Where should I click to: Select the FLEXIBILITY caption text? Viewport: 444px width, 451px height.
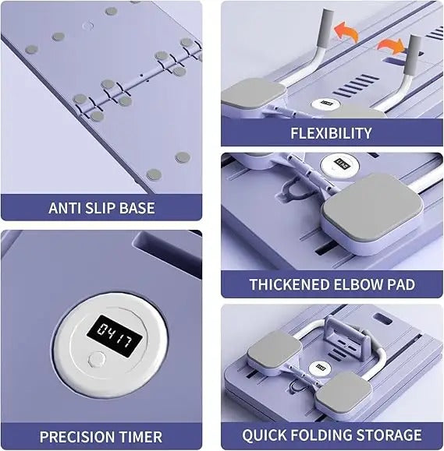[331, 132]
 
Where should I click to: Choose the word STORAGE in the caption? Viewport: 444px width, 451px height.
[391, 435]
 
